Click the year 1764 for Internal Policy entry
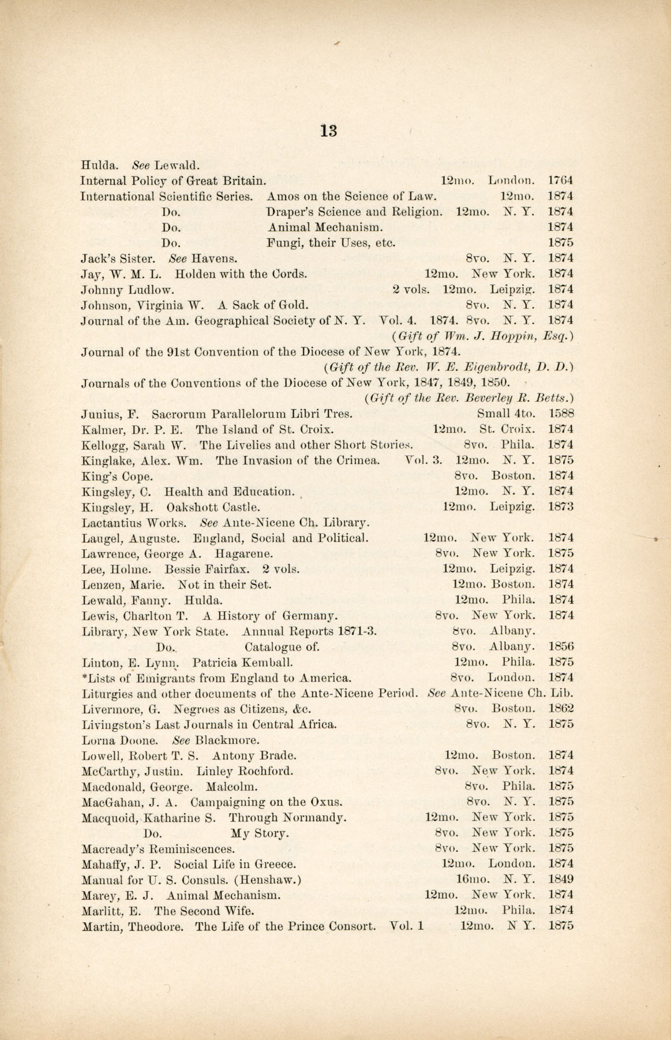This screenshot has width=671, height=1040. click(560, 181)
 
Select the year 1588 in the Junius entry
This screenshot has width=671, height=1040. click(561, 414)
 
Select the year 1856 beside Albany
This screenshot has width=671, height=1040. click(561, 647)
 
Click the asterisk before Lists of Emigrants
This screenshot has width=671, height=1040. click(84, 676)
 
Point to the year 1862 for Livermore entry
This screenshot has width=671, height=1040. click(561, 709)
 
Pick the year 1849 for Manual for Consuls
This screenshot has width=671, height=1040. click(561, 880)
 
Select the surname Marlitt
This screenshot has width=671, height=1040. click(101, 911)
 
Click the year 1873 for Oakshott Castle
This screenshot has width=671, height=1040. click(561, 507)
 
